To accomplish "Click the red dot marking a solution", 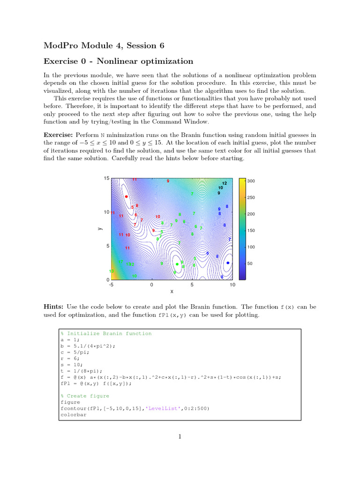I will pos(127,197).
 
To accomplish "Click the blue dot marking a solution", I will pos(228,263).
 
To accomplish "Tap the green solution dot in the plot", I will pos(177,264).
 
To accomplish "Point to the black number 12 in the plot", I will pos(225,183).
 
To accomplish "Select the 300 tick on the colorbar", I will pos(251,181).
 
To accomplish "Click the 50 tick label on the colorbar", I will pos(250,263).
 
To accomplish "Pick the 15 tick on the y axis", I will pos(106,179).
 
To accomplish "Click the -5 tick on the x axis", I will pos(111,285).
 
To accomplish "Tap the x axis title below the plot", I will pos(172,292).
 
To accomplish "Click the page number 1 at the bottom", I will pos(180,437).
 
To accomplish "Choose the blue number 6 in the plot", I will pos(208,253).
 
